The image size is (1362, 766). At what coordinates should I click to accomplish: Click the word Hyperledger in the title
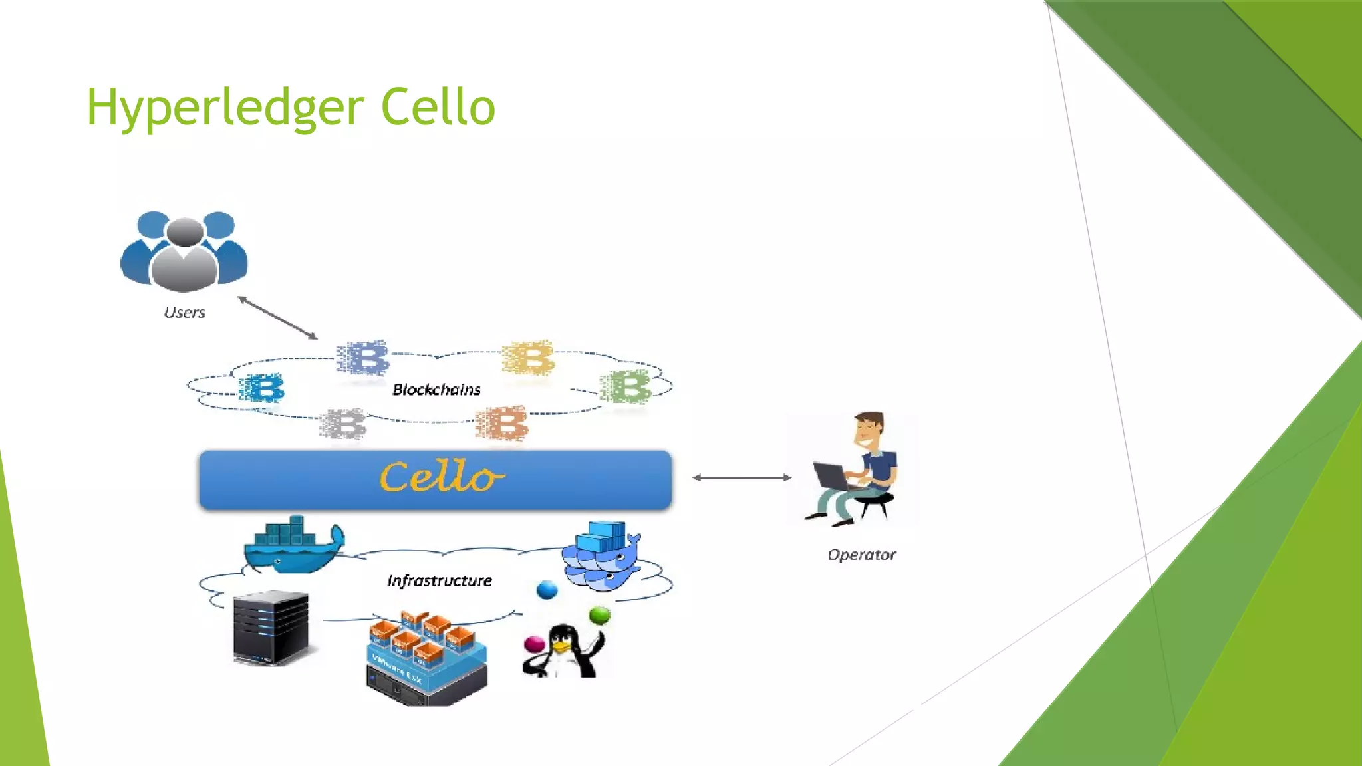[x=225, y=108]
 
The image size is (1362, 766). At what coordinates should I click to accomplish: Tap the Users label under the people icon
[x=184, y=313]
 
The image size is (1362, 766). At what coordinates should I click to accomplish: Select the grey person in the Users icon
[x=184, y=257]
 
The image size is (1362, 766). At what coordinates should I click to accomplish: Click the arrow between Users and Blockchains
[x=277, y=318]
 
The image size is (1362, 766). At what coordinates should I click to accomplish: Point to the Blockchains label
[x=436, y=390]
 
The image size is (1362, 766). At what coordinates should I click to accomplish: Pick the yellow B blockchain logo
[x=529, y=359]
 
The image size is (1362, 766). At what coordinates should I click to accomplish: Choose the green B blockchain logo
[x=625, y=387]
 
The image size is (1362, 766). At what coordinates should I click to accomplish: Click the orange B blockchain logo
[x=502, y=424]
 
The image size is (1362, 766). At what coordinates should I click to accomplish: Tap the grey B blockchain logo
[x=343, y=424]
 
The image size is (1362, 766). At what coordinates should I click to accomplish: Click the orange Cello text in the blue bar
[x=441, y=477]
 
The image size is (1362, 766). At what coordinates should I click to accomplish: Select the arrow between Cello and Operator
[x=742, y=477]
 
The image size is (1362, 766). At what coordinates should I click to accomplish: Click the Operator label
[x=861, y=555]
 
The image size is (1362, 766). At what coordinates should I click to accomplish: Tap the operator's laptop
[x=831, y=475]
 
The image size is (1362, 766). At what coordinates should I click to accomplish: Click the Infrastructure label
[x=440, y=581]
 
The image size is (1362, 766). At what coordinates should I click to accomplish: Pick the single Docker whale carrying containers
[x=293, y=545]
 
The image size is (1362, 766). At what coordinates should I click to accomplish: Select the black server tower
[x=271, y=628]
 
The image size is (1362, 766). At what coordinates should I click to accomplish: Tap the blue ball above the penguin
[x=547, y=590]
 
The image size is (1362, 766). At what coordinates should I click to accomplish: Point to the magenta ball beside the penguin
[x=534, y=644]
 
